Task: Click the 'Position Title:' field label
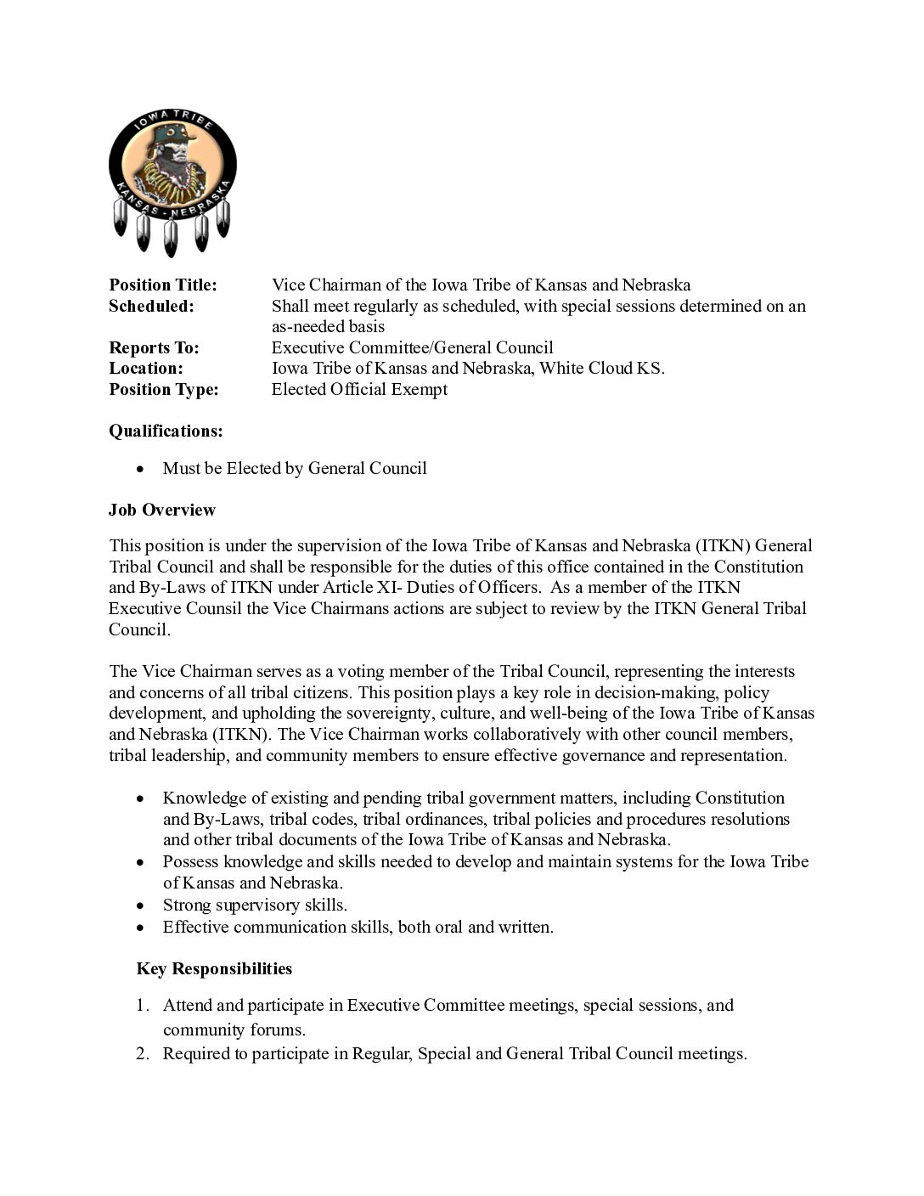(x=163, y=285)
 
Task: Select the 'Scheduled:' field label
(x=151, y=307)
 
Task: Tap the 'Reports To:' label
(x=154, y=347)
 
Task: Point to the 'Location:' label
(x=146, y=369)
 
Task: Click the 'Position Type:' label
(x=164, y=390)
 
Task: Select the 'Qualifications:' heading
(x=166, y=432)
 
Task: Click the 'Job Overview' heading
(x=162, y=511)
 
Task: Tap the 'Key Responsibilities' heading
(x=214, y=969)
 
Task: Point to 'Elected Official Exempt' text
(x=359, y=390)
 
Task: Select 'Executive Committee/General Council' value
(x=412, y=347)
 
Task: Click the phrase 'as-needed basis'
(x=328, y=327)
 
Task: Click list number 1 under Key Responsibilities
(x=143, y=1006)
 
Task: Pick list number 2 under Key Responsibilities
(x=143, y=1054)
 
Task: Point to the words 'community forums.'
(x=234, y=1030)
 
